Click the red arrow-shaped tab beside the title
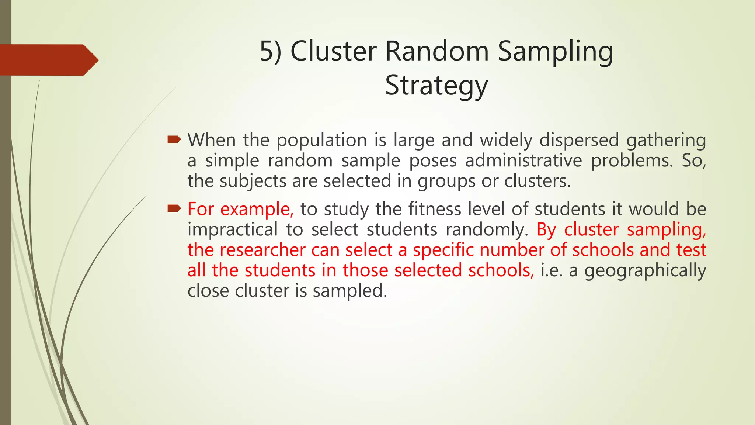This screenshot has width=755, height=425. pyautogui.click(x=48, y=60)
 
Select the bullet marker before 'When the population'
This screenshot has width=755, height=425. pyautogui.click(x=174, y=139)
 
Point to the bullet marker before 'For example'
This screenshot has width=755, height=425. pyautogui.click(x=174, y=209)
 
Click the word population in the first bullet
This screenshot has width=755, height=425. pyautogui.click(x=321, y=140)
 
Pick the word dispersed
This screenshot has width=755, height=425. pyautogui.click(x=579, y=140)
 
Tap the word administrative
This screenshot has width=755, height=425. pyautogui.click(x=523, y=160)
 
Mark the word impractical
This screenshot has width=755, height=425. pyautogui.click(x=232, y=229)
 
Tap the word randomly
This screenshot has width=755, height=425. pyautogui.click(x=487, y=229)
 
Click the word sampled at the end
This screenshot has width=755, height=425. pyautogui.click(x=350, y=291)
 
